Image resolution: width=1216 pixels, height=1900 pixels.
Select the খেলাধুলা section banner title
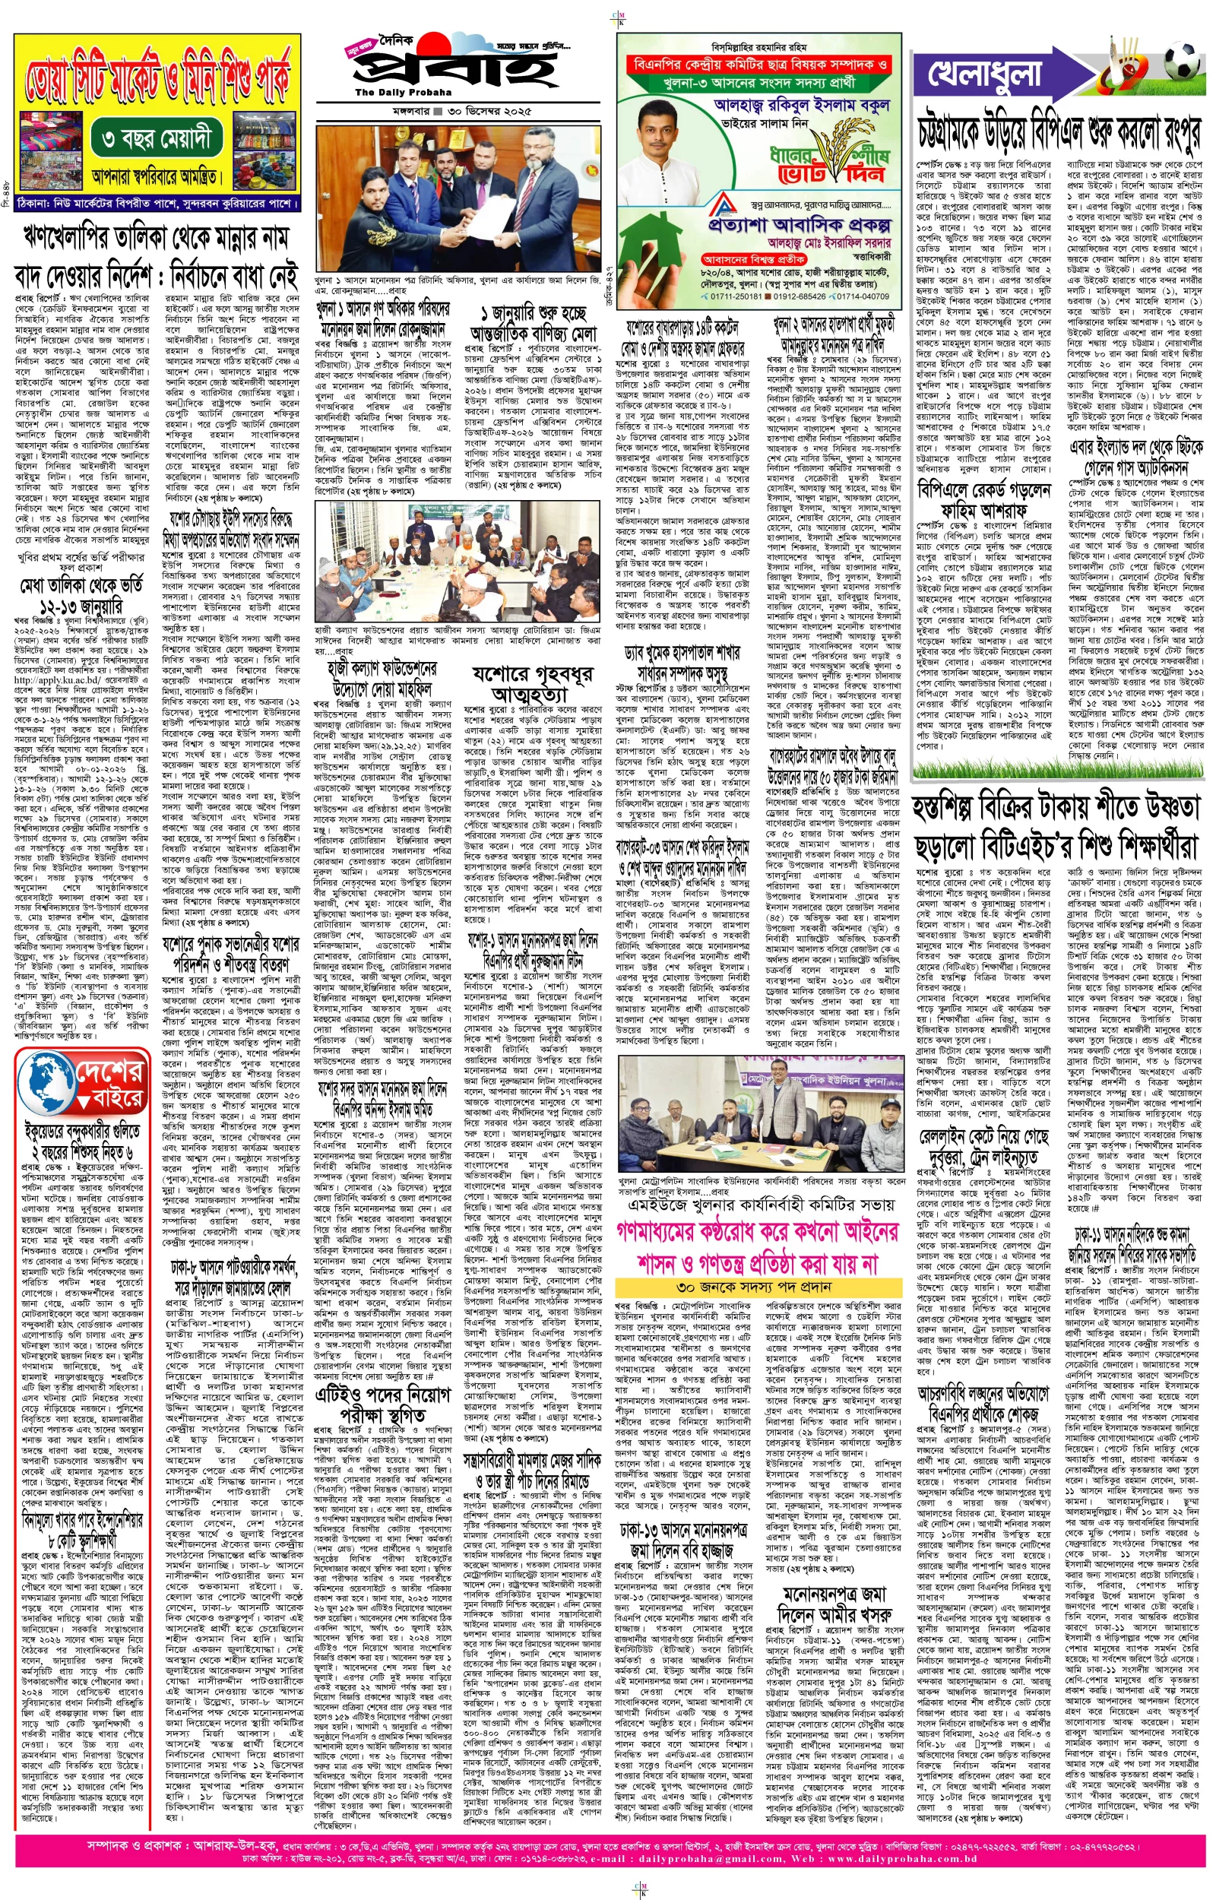tap(987, 77)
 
